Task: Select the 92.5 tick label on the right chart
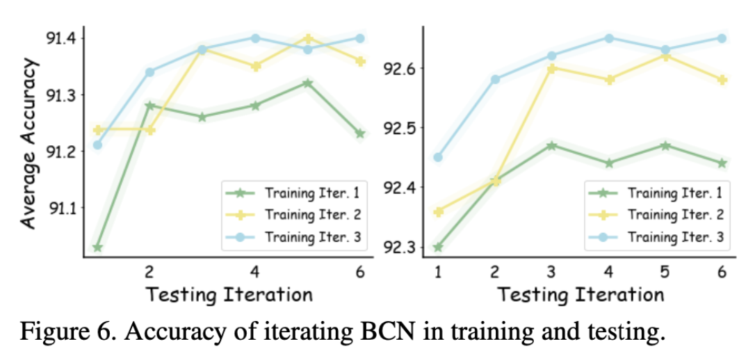point(399,128)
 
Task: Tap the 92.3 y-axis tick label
point(399,247)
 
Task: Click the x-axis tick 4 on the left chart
point(255,272)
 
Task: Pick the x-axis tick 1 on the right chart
point(438,272)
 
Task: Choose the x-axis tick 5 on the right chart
point(665,272)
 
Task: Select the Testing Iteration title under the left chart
point(229,294)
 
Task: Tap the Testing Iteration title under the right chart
point(581,294)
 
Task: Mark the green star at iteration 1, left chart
point(97,247)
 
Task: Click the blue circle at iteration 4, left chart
point(255,38)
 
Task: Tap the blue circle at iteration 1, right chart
point(438,157)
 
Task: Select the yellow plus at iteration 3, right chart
point(551,68)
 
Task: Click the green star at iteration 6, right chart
point(722,163)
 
